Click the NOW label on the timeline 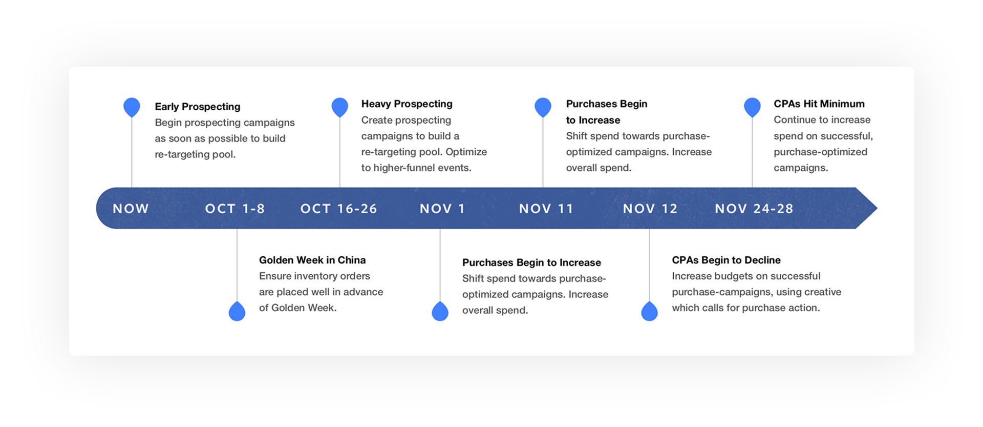click(x=131, y=209)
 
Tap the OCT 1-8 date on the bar click(x=235, y=209)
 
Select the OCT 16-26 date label click(x=339, y=209)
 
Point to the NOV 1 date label click(x=442, y=209)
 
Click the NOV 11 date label click(x=546, y=209)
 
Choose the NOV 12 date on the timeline click(x=650, y=209)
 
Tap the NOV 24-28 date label click(x=754, y=209)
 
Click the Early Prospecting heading click(x=198, y=107)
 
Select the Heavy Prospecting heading click(x=407, y=104)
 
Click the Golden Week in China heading click(x=312, y=260)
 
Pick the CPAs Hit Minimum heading click(x=819, y=104)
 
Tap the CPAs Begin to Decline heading click(x=726, y=260)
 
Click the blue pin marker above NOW click(x=132, y=107)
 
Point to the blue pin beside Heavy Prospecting click(x=340, y=107)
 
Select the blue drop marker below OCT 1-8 click(x=237, y=311)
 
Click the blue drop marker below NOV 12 click(x=649, y=311)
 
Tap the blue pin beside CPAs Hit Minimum click(x=752, y=107)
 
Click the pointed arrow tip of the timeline click(x=877, y=208)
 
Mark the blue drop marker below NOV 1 click(x=440, y=311)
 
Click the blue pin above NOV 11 click(x=543, y=107)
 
